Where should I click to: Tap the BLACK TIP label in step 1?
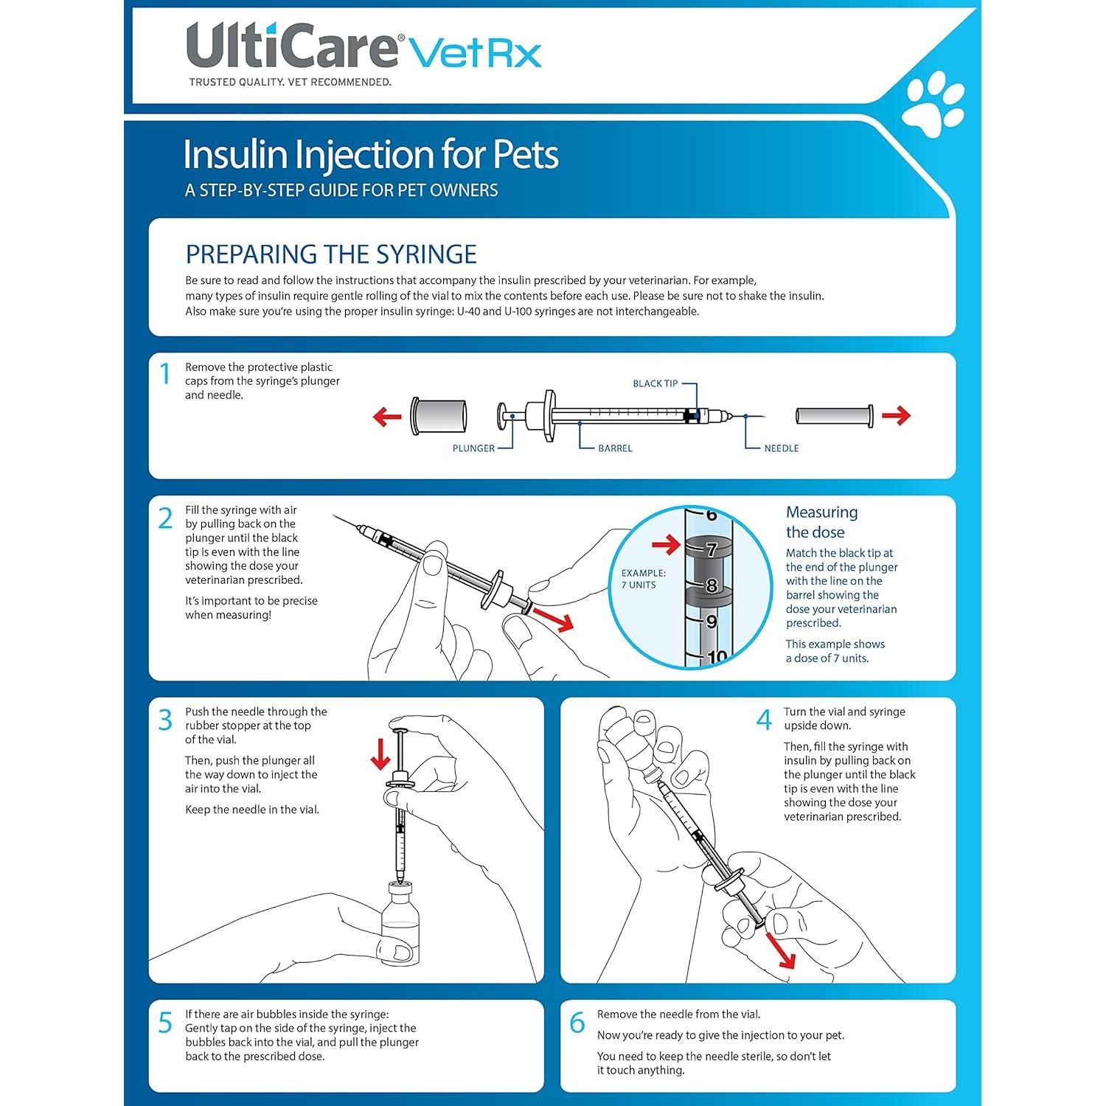coord(655,383)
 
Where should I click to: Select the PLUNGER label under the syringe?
coord(473,448)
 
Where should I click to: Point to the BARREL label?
coord(615,448)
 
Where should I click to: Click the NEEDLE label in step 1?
coord(781,448)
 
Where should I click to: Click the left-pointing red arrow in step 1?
coord(387,417)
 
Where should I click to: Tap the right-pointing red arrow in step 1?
coord(896,416)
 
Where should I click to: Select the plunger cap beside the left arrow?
coord(439,416)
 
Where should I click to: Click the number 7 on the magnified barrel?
coord(711,549)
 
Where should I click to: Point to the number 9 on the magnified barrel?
coord(711,622)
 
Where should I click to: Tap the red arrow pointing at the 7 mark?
coord(666,546)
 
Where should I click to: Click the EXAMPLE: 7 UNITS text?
coord(643,579)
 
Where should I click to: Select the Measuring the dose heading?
coord(821,522)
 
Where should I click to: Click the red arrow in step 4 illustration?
coord(781,950)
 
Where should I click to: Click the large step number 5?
coord(165,1023)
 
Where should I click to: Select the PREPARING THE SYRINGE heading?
coord(331,254)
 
